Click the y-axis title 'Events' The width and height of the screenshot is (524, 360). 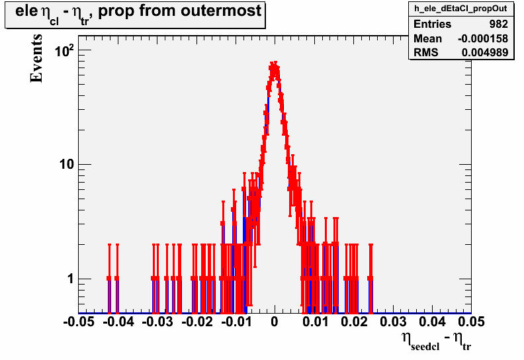pos(36,58)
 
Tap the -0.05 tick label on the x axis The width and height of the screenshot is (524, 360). pos(79,322)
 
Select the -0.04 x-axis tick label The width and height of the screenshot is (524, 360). pos(118,322)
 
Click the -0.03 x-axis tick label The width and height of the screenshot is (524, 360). pos(157,322)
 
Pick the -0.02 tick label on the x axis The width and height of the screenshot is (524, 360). pos(197,322)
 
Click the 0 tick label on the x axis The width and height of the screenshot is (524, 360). pos(275,322)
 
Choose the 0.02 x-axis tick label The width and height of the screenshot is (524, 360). pos(354,322)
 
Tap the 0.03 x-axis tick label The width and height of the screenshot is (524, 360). pos(394,322)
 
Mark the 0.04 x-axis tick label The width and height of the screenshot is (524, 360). pos(433,322)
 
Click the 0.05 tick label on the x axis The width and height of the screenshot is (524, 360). pos(471,322)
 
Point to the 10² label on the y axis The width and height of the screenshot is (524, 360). pos(64,51)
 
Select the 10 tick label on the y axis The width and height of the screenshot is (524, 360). pos(67,165)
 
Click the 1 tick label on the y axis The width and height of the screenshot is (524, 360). pos(70,279)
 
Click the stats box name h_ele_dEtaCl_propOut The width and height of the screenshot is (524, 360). pos(461,9)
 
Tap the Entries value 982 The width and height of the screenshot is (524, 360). pos(499,24)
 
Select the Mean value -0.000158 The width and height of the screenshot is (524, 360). pos(483,38)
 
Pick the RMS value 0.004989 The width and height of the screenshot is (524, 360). pos(485,52)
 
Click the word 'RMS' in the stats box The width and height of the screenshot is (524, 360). pos(426,52)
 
